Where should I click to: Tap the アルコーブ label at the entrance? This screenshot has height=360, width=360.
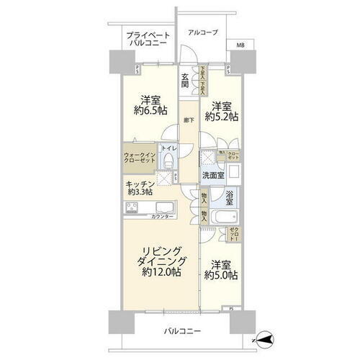click(201, 32)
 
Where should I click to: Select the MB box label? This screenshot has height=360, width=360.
click(239, 45)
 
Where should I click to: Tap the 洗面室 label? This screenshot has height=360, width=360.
click(213, 175)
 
